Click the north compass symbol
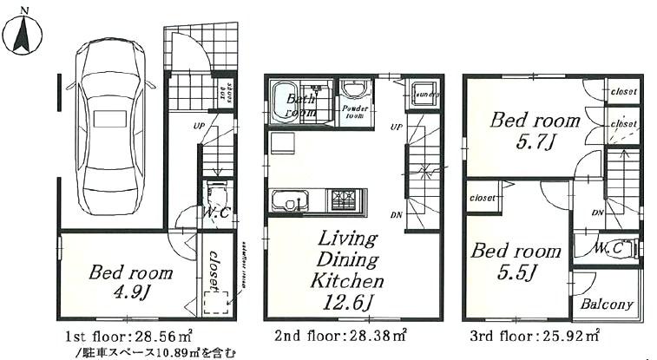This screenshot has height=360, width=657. click(23, 35)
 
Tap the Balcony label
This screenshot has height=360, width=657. click(607, 304)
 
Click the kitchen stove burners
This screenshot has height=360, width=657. click(342, 200)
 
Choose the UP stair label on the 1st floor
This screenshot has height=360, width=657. click(200, 127)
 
